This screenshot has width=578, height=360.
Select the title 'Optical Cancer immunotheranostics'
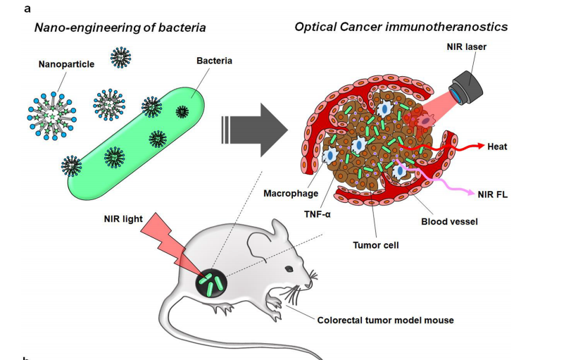[x=401, y=27]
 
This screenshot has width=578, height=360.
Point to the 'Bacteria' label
[x=214, y=61]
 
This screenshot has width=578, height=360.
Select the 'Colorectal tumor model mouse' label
[x=386, y=320]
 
